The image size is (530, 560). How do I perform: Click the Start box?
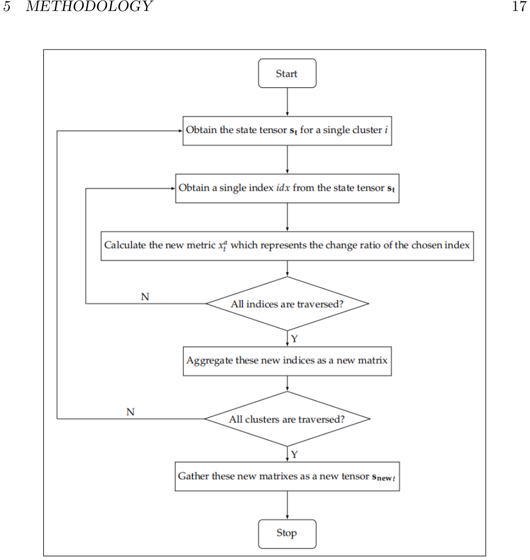(287, 73)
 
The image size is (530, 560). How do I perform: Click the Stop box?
(287, 534)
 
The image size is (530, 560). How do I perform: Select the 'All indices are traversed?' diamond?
(287, 303)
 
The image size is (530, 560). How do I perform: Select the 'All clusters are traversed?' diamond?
(287, 419)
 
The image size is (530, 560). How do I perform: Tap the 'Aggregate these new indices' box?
(287, 361)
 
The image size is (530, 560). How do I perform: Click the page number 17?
(520, 7)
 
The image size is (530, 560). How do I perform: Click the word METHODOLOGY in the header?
(89, 7)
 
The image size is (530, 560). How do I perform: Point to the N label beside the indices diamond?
(145, 296)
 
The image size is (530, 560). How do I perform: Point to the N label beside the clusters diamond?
(130, 412)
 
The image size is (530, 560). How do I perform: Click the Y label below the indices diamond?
(294, 338)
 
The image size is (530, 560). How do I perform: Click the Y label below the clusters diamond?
(294, 454)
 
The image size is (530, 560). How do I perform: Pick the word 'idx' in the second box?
(283, 187)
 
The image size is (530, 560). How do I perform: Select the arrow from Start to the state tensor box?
(287, 102)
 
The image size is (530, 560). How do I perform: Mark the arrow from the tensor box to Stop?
(287, 505)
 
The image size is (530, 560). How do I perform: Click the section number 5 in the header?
(7, 7)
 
